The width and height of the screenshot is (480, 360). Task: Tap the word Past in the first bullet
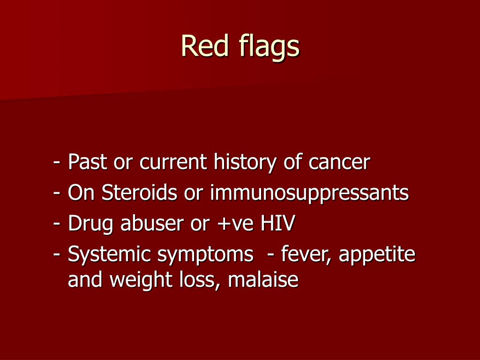(86, 162)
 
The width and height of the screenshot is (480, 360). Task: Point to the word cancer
(339, 163)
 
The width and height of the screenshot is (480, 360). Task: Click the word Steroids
(140, 193)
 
